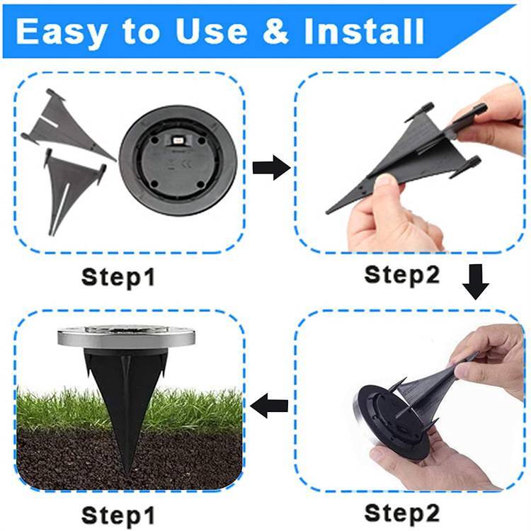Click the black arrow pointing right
(x=271, y=169)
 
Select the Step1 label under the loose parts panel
(x=118, y=276)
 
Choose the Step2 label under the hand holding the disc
(x=401, y=511)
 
